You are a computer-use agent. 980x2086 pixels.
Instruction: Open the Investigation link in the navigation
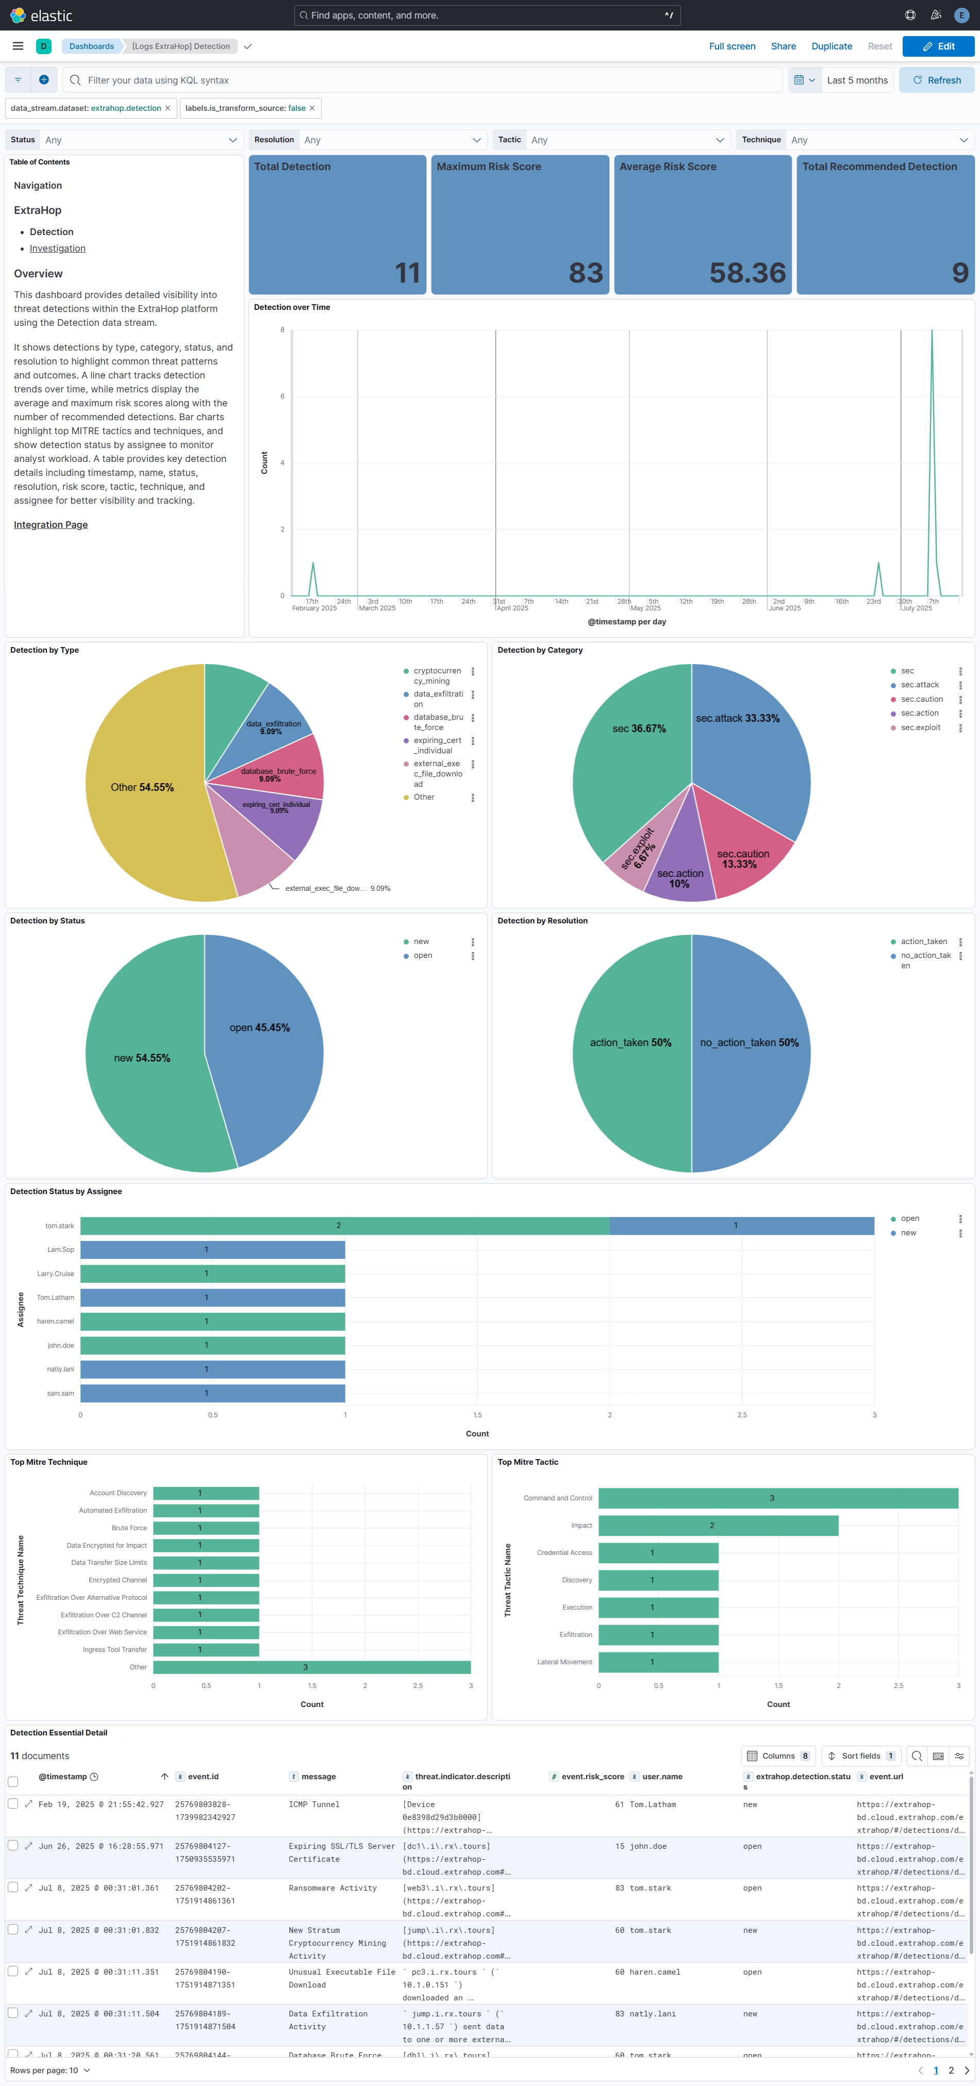pos(58,249)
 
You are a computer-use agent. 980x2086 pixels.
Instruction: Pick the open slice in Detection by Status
pos(259,1028)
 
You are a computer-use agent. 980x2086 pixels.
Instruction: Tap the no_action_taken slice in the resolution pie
pos(749,1042)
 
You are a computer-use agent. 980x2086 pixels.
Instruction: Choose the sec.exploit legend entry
pos(920,727)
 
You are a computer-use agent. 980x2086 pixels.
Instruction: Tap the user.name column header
pos(662,1777)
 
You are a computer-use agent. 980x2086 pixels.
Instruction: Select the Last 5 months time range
pos(857,80)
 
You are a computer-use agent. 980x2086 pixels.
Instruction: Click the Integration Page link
pos(50,525)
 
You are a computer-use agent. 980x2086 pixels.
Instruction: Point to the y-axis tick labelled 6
pos(283,396)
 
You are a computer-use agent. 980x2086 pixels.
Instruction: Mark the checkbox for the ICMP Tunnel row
pos(13,1803)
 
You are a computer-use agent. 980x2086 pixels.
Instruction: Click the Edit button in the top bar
pos(938,46)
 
